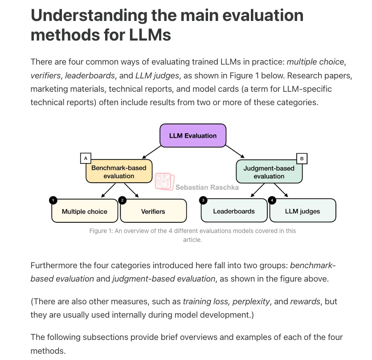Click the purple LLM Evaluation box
[x=193, y=135]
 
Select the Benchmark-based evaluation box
[x=119, y=171]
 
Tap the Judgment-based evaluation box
[x=269, y=172]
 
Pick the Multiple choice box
[x=85, y=211]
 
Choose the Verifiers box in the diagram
[x=153, y=211]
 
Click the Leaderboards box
[x=234, y=210]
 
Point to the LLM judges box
[x=303, y=210]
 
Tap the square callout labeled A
[x=86, y=158]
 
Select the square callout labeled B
[x=302, y=159]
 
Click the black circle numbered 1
[x=53, y=200]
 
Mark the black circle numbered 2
[x=122, y=200]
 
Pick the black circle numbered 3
[x=203, y=200]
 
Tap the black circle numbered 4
[x=272, y=200]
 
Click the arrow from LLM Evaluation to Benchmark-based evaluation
[x=151, y=152]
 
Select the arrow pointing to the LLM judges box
[x=281, y=190]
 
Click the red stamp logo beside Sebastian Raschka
[x=165, y=181]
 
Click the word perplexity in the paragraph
[x=251, y=301]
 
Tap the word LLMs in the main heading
[x=150, y=35]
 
